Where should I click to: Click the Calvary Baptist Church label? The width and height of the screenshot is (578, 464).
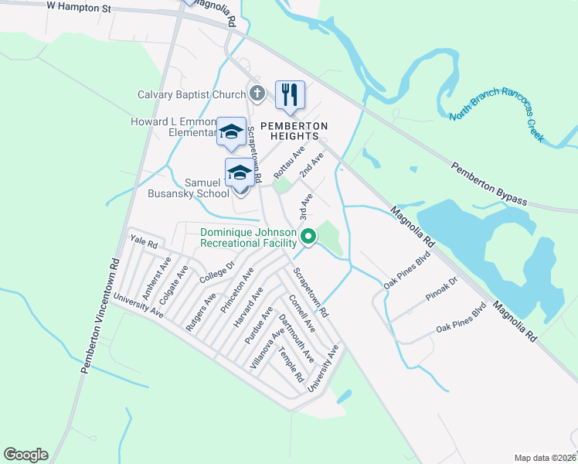click(x=191, y=95)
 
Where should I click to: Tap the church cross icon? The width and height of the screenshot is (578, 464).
click(x=257, y=94)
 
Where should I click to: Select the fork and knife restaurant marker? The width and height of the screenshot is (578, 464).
click(x=290, y=94)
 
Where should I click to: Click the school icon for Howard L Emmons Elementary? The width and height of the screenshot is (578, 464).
click(x=231, y=131)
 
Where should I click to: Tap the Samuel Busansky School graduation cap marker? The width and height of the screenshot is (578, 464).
click(x=240, y=172)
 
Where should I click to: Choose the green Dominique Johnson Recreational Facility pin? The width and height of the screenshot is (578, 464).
click(x=308, y=237)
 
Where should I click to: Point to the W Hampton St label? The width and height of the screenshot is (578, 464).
click(x=79, y=5)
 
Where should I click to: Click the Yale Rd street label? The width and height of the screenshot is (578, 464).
click(x=144, y=242)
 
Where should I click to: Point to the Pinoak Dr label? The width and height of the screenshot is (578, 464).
click(x=441, y=296)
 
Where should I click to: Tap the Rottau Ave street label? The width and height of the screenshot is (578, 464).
click(x=289, y=162)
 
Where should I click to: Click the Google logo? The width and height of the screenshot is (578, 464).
click(x=25, y=455)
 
